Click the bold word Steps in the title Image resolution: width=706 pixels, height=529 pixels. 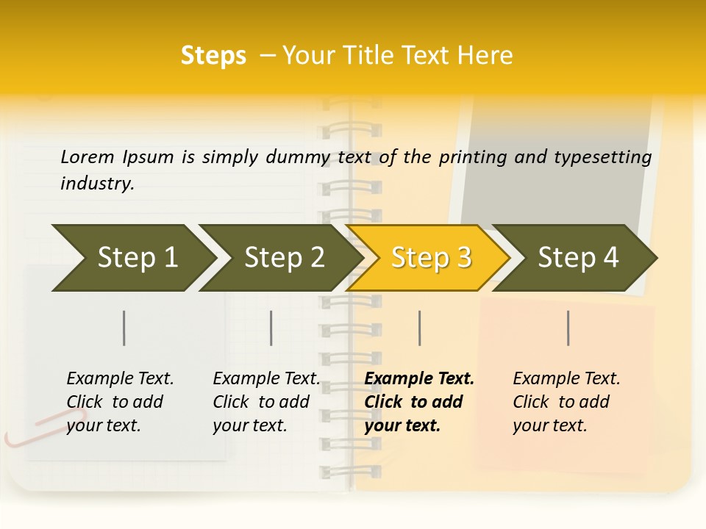pyautogui.click(x=213, y=56)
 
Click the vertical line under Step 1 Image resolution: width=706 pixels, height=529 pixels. pyautogui.click(x=124, y=328)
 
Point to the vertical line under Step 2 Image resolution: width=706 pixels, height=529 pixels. pyautogui.click(x=271, y=328)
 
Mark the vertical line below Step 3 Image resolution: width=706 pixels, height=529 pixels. pyautogui.click(x=420, y=328)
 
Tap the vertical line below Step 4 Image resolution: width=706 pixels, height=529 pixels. pyautogui.click(x=568, y=328)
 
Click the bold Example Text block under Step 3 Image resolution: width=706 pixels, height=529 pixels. pyautogui.click(x=418, y=402)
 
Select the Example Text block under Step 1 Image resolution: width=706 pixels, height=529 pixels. pyautogui.click(x=119, y=402)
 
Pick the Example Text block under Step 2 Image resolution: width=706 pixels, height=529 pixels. pyautogui.click(x=265, y=402)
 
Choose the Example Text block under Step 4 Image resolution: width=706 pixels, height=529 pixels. pyautogui.click(x=566, y=402)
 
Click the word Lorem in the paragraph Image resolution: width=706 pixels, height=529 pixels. pyautogui.click(x=87, y=157)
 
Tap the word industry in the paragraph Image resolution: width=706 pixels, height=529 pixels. pyautogui.click(x=96, y=184)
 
